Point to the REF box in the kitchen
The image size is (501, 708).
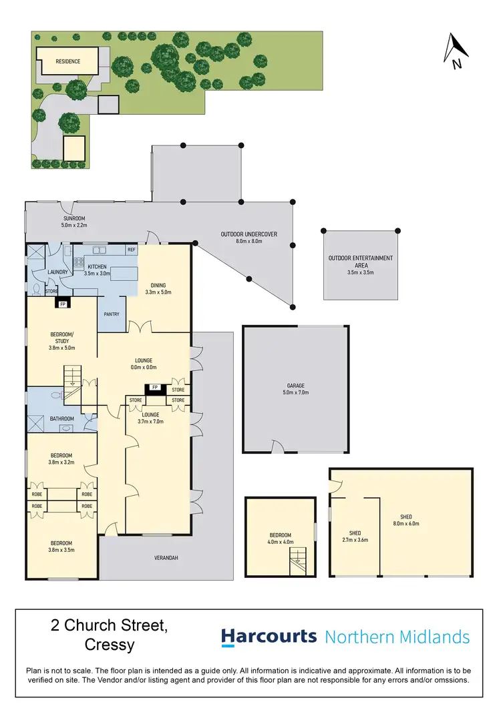pyautogui.click(x=131, y=250)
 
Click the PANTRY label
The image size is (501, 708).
pyautogui.click(x=111, y=314)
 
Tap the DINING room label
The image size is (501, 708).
pyautogui.click(x=158, y=286)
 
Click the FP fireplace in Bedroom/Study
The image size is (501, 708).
pyautogui.click(x=63, y=304)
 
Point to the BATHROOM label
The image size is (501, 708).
pyautogui.click(x=62, y=418)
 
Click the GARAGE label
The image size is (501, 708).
pyautogui.click(x=296, y=386)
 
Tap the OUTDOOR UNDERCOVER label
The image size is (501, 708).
pyautogui.click(x=248, y=234)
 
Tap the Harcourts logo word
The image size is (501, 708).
pyautogui.click(x=269, y=637)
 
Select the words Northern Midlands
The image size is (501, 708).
pyautogui.click(x=397, y=637)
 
